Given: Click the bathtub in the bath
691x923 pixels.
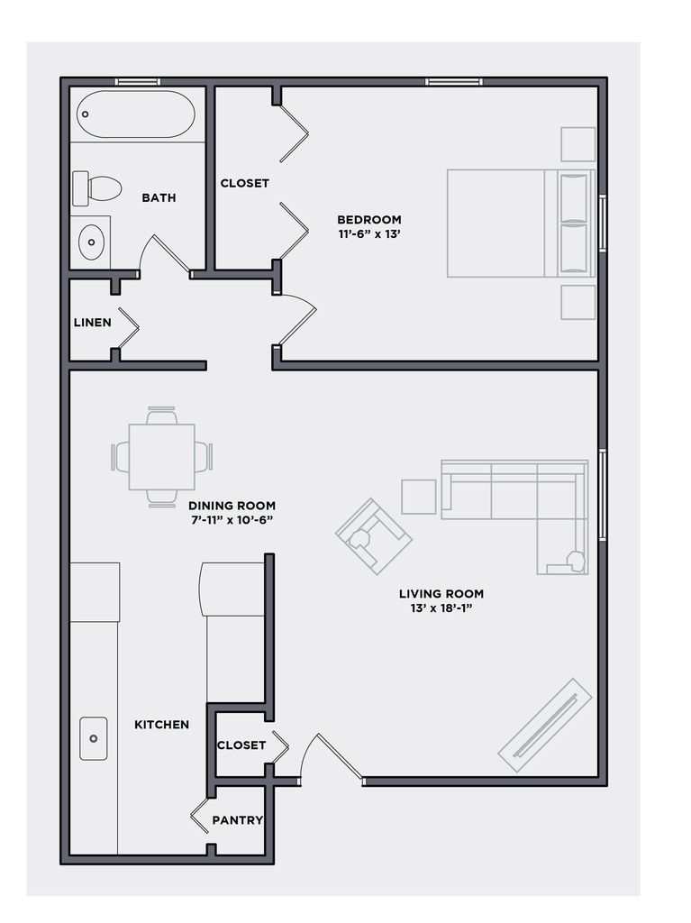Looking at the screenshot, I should click(135, 114).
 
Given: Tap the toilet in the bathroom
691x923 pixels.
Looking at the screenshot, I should click(97, 188).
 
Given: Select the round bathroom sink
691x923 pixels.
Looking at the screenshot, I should click(91, 241).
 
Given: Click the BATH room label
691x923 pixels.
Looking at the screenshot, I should click(159, 198).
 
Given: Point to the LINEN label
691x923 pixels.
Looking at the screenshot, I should click(92, 323).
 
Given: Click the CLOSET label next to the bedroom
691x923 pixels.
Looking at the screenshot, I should click(244, 183).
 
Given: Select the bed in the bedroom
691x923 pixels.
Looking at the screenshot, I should click(520, 223).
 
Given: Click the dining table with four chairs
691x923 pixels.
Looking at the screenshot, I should click(162, 456).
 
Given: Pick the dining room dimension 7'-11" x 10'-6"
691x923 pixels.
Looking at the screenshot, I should click(232, 520).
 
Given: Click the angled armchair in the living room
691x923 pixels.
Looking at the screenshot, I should click(373, 535).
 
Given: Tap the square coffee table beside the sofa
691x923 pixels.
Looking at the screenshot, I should click(418, 497).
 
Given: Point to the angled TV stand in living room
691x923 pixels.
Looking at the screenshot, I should click(545, 725).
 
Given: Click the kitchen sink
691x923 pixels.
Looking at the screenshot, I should click(93, 738).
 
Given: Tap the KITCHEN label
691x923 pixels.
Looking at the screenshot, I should click(161, 725).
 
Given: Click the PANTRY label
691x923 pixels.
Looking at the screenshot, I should click(237, 820).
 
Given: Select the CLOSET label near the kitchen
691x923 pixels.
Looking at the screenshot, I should click(241, 745).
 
